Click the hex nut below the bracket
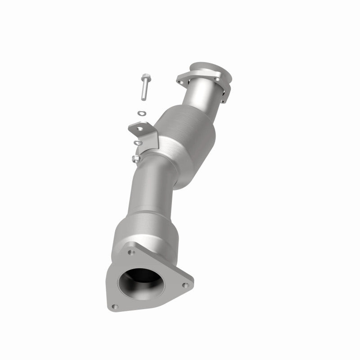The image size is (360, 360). (136, 158)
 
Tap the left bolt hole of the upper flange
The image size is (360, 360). (181, 82)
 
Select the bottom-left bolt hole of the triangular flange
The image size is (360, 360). (115, 306)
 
